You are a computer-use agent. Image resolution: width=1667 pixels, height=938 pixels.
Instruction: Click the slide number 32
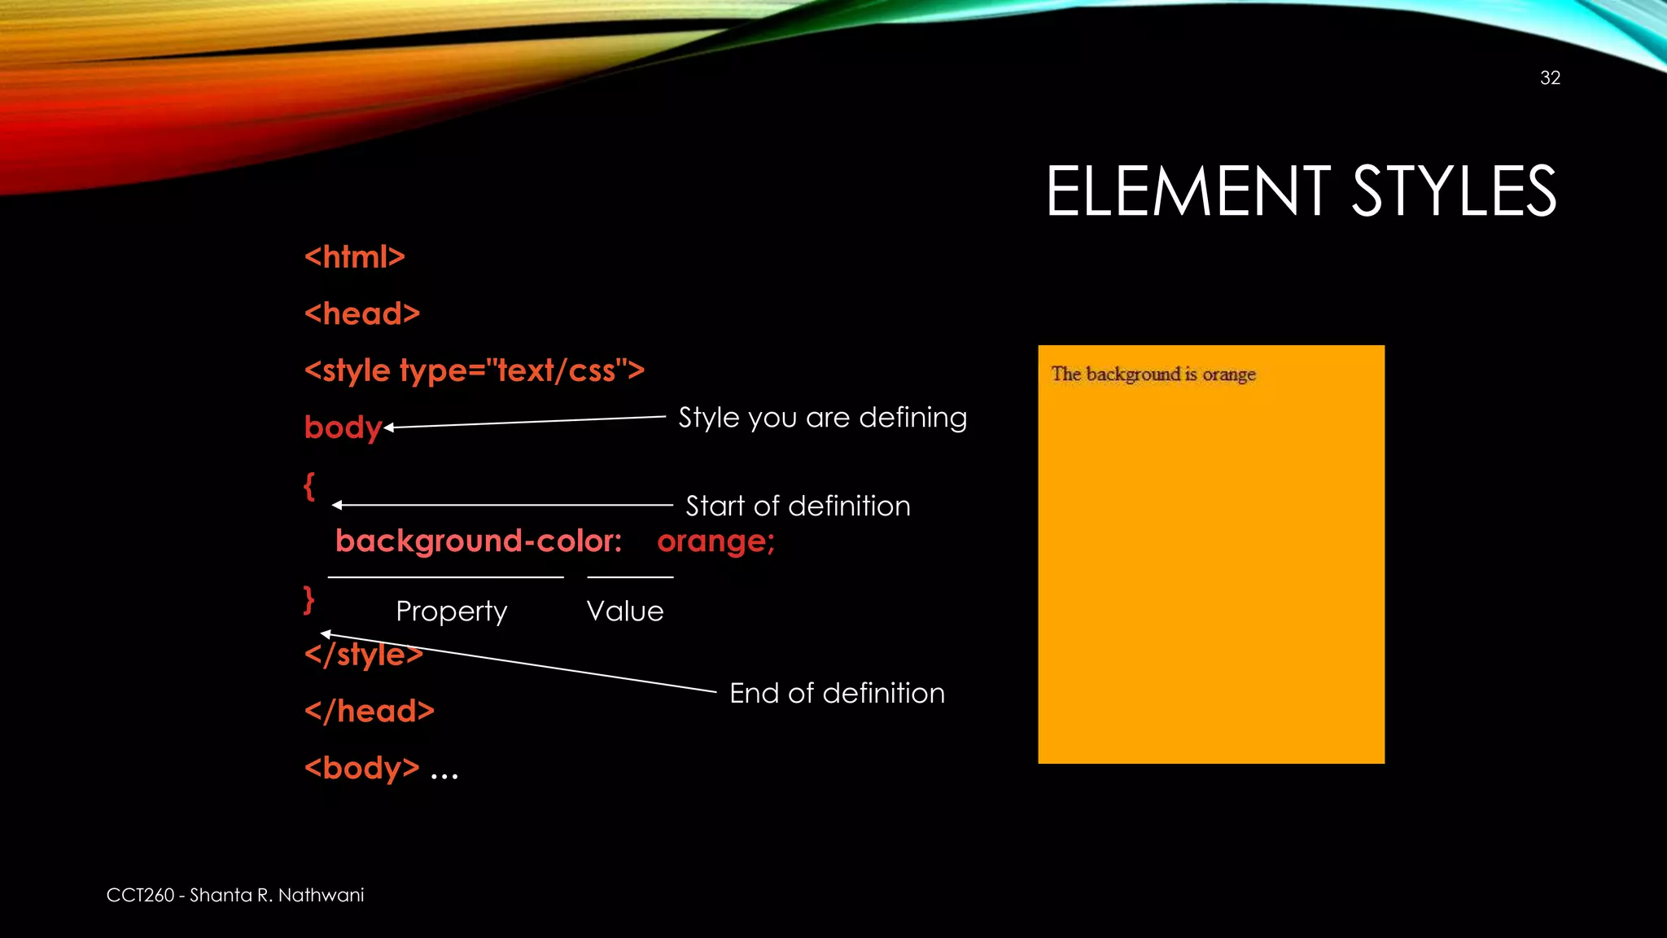(x=1550, y=78)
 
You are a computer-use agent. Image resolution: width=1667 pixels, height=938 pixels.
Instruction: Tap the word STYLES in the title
(x=1454, y=192)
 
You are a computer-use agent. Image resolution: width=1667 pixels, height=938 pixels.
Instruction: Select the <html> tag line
(x=354, y=257)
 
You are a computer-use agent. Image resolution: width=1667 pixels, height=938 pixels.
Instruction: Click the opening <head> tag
(x=362, y=314)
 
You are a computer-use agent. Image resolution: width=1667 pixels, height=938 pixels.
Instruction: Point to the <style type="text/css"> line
(x=474, y=371)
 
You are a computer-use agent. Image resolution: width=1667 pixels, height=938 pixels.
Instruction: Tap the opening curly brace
(x=309, y=487)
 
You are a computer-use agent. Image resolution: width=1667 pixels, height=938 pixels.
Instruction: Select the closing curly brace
(x=308, y=600)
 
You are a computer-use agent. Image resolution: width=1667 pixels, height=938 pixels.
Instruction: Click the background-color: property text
(x=479, y=541)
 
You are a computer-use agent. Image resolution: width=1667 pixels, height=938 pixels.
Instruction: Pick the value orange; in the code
(x=715, y=541)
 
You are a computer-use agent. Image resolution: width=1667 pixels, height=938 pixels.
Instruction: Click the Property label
(x=451, y=611)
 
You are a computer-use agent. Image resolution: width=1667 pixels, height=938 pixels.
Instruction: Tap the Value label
(x=625, y=611)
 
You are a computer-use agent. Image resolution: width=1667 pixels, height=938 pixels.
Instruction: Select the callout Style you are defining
(x=822, y=418)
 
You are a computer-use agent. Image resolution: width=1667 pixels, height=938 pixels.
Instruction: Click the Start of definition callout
(x=798, y=506)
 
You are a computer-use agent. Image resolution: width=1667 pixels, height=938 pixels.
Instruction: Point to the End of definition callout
(x=837, y=694)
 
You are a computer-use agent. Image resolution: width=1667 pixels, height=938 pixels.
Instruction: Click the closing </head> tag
(x=370, y=712)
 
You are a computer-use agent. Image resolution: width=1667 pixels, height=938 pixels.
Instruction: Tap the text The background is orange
(x=1153, y=375)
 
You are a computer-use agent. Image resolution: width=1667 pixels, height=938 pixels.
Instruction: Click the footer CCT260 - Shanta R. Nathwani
(x=235, y=896)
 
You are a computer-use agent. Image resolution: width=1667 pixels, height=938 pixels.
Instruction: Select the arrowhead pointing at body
(x=389, y=427)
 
